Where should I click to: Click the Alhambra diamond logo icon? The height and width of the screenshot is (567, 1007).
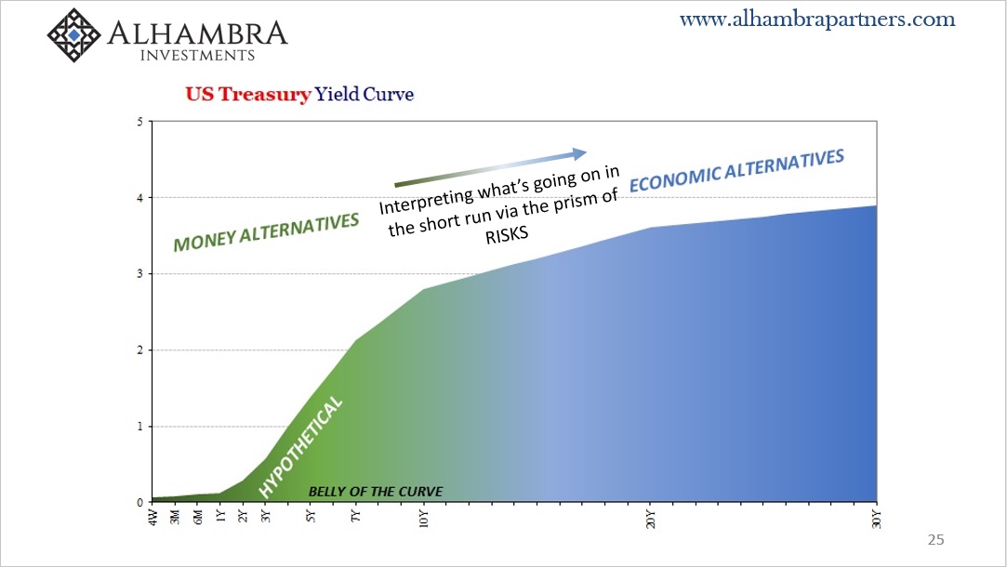[73, 34]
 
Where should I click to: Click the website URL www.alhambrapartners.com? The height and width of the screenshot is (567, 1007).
[817, 20]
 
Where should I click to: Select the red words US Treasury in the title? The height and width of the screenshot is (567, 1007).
[248, 94]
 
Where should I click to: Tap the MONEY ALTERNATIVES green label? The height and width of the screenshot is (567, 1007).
[266, 231]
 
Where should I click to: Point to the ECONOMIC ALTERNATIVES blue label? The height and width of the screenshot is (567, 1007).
[736, 171]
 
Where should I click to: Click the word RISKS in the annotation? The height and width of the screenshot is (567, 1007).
[507, 234]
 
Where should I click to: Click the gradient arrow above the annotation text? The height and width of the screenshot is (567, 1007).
[490, 167]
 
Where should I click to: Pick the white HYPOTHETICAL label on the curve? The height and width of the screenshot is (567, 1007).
[300, 447]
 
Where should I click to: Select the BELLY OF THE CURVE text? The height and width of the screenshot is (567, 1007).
[376, 492]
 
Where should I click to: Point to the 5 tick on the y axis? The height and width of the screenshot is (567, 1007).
[140, 122]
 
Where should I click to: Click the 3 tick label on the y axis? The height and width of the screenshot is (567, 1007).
[140, 274]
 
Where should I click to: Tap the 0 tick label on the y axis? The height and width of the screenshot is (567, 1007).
[140, 503]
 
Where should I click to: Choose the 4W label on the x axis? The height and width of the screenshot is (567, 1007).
[152, 517]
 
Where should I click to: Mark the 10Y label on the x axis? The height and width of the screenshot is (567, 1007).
[424, 519]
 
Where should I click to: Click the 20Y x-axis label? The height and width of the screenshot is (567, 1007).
[651, 519]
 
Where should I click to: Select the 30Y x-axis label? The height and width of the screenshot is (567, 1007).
[877, 519]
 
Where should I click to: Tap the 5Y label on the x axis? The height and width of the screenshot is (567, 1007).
[311, 516]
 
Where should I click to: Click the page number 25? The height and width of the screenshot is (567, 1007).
[935, 540]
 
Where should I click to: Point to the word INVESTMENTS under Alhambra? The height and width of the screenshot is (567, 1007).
[198, 55]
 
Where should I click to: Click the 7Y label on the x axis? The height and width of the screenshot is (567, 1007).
[356, 516]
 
